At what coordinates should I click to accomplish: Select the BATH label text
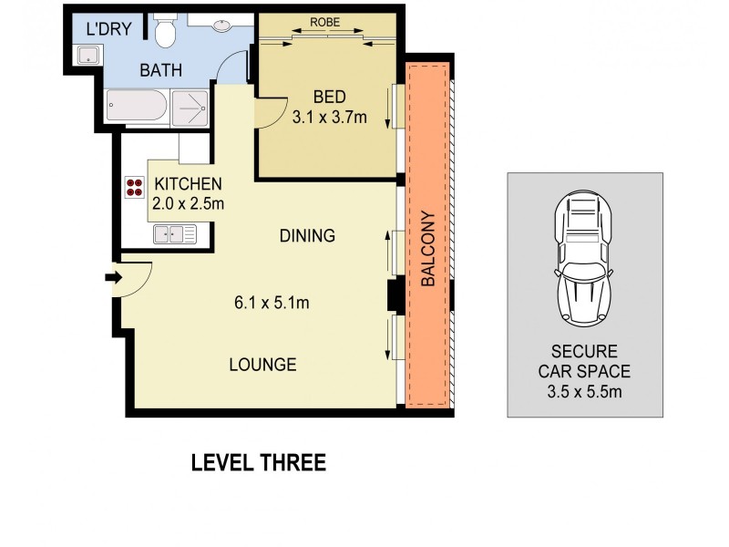click(x=159, y=69)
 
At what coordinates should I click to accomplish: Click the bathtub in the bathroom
click(x=138, y=108)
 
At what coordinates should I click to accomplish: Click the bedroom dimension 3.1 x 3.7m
click(x=328, y=116)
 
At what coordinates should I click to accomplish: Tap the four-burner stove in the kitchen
click(x=134, y=187)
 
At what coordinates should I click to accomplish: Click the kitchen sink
click(x=174, y=234)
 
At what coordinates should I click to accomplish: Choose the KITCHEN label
click(x=188, y=184)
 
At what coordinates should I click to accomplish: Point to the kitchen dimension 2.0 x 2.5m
click(x=188, y=203)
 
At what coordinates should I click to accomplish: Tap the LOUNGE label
click(x=262, y=365)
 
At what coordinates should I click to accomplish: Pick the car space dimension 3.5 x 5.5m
click(x=584, y=392)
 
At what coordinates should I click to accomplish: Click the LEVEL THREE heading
click(x=258, y=463)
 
